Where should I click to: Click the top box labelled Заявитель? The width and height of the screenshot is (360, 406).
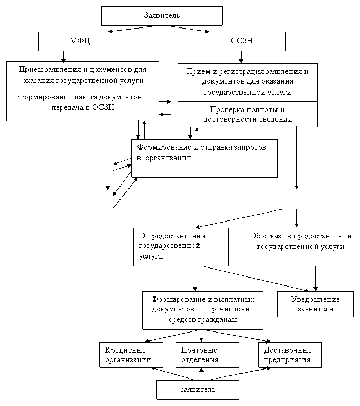(162, 16)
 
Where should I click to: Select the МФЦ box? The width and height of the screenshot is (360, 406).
(79, 41)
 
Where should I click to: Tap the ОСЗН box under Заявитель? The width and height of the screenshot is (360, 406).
(241, 41)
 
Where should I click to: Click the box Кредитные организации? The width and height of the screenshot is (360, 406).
(131, 355)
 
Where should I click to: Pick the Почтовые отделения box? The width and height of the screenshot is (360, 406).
(207, 355)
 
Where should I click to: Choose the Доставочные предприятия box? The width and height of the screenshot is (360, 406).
(290, 355)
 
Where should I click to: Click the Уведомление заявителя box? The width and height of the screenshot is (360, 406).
(315, 304)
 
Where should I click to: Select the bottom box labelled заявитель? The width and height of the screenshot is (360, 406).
(198, 390)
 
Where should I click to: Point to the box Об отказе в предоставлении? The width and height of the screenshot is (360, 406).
(301, 245)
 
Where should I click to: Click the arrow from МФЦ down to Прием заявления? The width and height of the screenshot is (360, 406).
(63, 57)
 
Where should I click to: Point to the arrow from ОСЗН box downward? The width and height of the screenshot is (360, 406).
(241, 57)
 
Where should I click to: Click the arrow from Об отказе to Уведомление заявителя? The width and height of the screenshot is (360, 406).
(315, 278)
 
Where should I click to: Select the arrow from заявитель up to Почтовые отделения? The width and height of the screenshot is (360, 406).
(201, 374)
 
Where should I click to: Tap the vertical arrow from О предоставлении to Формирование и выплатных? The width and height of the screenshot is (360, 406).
(195, 279)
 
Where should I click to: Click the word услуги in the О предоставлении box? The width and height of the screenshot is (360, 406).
(151, 256)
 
